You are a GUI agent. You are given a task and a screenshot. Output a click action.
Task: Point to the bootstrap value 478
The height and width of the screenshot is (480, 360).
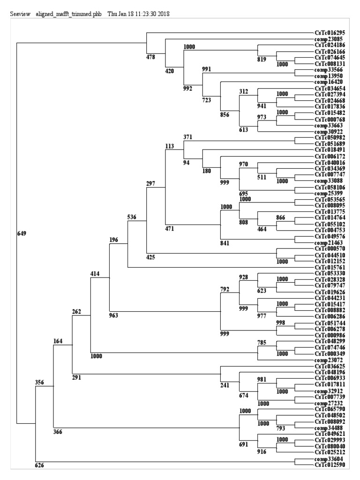151,58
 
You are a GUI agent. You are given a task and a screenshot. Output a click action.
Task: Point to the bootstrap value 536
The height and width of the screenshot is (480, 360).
132,217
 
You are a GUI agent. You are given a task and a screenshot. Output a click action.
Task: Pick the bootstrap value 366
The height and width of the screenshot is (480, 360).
59,432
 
